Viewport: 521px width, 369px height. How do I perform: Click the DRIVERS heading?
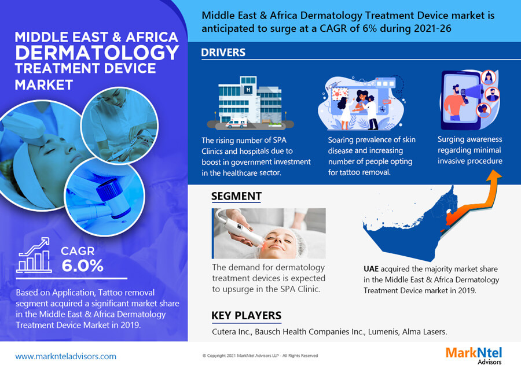click(x=223, y=53)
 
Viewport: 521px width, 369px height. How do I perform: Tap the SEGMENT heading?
click(x=236, y=196)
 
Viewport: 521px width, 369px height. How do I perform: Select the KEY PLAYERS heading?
click(x=246, y=315)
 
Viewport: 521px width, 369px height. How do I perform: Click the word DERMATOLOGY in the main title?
click(x=97, y=53)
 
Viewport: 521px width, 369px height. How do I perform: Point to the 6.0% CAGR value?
click(x=82, y=265)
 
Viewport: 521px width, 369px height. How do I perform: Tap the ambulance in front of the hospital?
click(x=236, y=124)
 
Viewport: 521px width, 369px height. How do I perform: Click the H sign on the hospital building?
click(x=248, y=90)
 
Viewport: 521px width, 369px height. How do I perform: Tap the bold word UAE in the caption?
click(x=371, y=269)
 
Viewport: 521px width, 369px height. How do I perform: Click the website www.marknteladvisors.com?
click(x=66, y=356)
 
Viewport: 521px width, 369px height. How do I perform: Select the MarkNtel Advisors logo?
click(x=474, y=355)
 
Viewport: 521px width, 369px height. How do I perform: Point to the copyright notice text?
click(x=260, y=355)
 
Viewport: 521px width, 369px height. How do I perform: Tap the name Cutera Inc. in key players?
click(x=232, y=331)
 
